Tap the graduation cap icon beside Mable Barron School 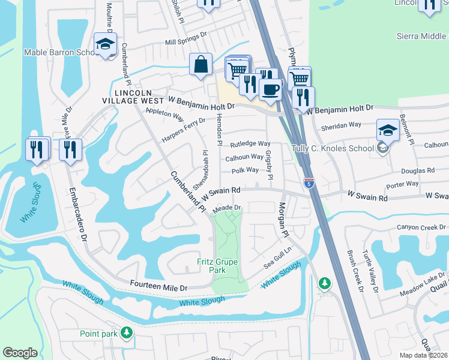coord(105,44)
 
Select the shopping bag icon coord(200,65)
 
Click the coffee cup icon coord(270,89)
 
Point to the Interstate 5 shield coord(309,181)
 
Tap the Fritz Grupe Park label coord(218,266)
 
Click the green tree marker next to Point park coord(126,332)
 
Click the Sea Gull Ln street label coord(277,257)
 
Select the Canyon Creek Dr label coord(422,228)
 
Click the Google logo coord(20,353)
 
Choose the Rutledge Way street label coord(251,144)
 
